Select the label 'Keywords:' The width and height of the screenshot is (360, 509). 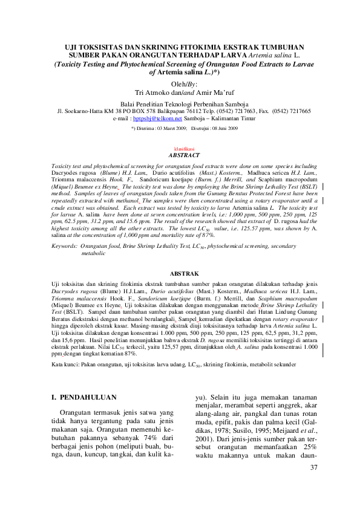tap(65, 247)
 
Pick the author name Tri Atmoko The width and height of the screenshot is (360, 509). tap(151, 93)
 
